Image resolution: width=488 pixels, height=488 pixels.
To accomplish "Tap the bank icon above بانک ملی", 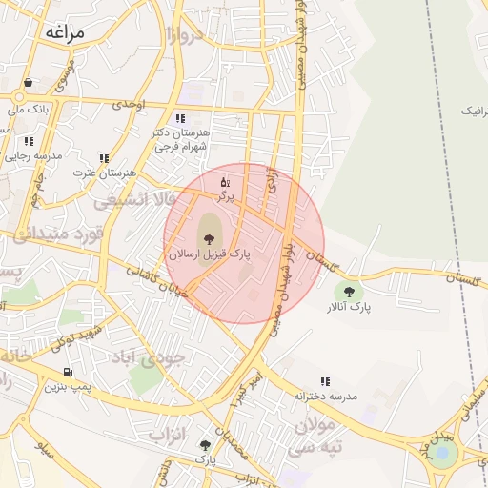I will tap(29, 83).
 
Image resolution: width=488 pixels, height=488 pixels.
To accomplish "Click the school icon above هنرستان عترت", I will tap(104, 158).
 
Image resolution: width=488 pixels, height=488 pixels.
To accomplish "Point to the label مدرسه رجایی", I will tap(36, 155).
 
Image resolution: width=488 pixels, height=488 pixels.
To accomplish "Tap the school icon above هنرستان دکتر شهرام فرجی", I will tap(180, 118).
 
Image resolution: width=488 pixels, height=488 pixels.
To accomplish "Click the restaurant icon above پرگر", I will tap(225, 181).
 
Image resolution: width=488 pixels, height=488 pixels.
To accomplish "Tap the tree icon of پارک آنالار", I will tap(349, 292).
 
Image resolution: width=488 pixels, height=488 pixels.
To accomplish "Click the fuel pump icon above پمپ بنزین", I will tap(67, 372).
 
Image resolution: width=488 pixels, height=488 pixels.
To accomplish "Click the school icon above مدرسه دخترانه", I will tap(326, 381).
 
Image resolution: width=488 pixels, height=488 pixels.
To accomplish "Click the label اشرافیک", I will tap(474, 112).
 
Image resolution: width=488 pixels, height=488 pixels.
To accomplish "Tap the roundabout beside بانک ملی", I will tap(20, 96).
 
